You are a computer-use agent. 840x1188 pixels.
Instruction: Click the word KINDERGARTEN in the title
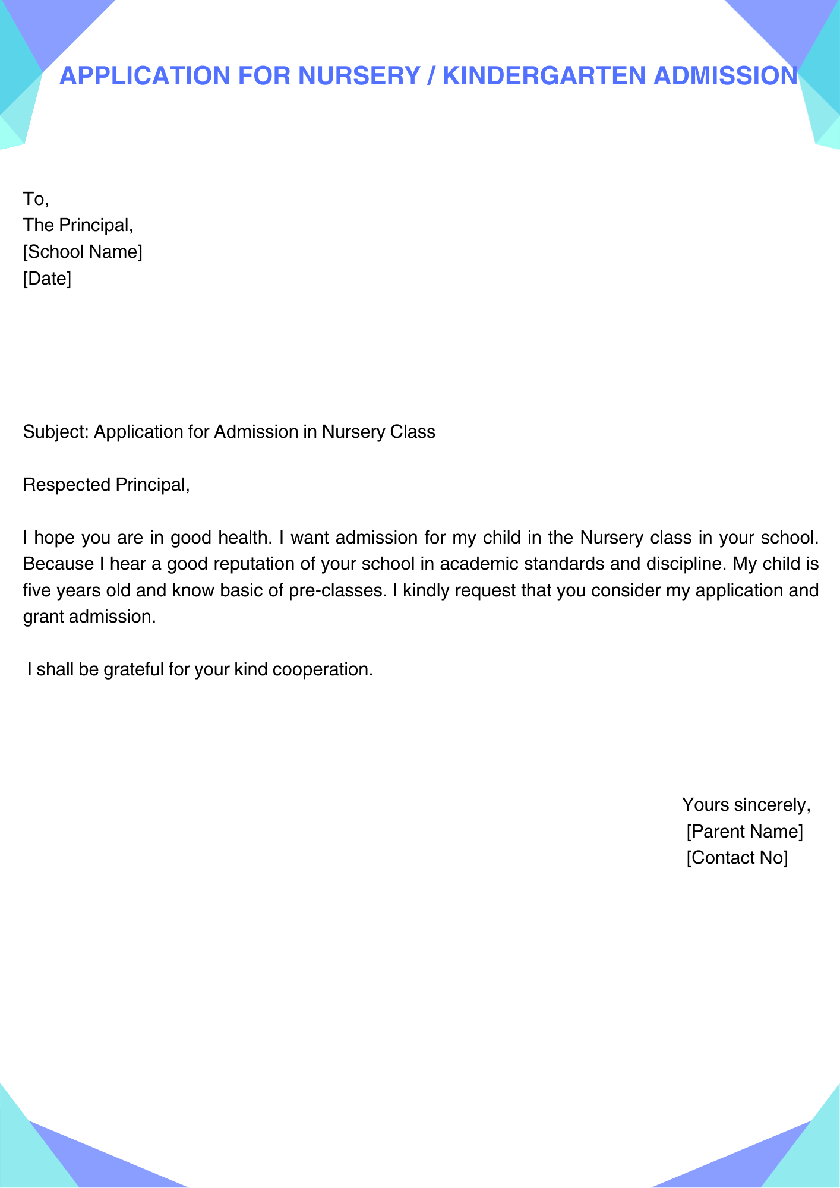click(544, 76)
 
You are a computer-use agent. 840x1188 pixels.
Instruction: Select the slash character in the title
click(431, 76)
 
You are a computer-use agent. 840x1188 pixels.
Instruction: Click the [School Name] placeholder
click(83, 252)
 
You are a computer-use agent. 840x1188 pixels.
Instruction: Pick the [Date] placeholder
click(47, 278)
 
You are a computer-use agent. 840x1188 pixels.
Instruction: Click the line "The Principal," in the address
click(78, 225)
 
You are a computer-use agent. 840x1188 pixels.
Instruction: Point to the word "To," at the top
click(36, 199)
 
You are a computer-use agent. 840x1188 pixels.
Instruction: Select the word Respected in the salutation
click(67, 485)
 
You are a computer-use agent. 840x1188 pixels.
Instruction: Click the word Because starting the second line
click(58, 564)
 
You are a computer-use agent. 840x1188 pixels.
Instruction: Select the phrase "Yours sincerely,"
click(746, 805)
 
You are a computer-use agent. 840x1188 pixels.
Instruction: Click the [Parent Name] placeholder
click(744, 832)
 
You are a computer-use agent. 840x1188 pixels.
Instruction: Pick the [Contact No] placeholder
click(737, 858)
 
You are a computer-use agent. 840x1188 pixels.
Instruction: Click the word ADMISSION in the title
click(725, 76)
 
